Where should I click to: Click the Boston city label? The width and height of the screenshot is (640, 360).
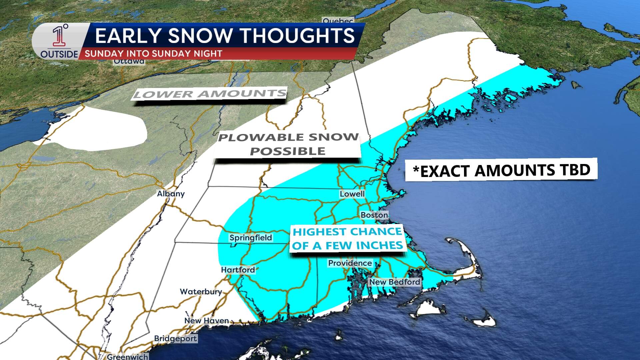pyautogui.click(x=374, y=215)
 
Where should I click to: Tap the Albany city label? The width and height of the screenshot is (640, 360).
pyautogui.click(x=171, y=194)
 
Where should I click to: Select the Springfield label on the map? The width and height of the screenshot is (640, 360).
pyautogui.click(x=251, y=238)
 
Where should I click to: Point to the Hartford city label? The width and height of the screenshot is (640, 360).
pyautogui.click(x=238, y=270)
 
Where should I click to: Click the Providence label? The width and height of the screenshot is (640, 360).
pyautogui.click(x=350, y=263)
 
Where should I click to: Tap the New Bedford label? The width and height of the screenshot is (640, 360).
pyautogui.click(x=394, y=282)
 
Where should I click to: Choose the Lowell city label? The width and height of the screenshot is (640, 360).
pyautogui.click(x=352, y=194)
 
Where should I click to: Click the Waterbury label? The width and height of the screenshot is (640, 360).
pyautogui.click(x=201, y=292)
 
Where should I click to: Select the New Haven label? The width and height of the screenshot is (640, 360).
pyautogui.click(x=206, y=321)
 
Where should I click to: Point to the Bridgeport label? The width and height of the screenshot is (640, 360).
pyautogui.click(x=175, y=339)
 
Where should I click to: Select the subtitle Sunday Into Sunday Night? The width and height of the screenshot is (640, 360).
pyautogui.click(x=153, y=54)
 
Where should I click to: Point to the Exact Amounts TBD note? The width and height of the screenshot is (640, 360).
pyautogui.click(x=501, y=170)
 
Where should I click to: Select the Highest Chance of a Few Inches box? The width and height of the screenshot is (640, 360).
pyautogui.click(x=347, y=238)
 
